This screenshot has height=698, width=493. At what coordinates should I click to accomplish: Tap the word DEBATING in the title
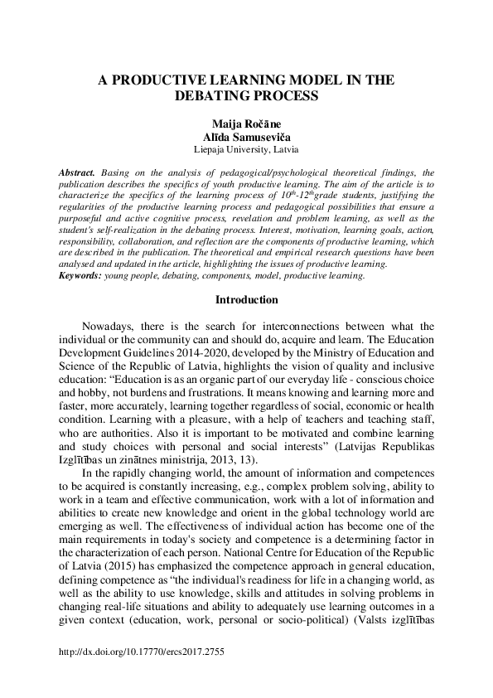click(211, 96)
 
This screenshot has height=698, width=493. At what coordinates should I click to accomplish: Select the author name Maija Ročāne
click(246, 124)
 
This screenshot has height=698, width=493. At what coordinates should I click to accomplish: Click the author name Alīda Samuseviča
click(246, 136)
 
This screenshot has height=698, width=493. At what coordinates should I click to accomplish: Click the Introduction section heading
click(246, 299)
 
